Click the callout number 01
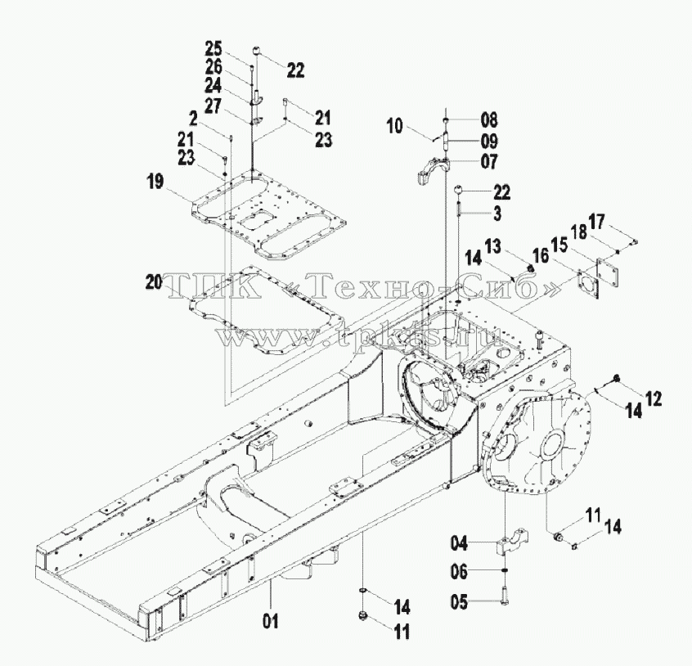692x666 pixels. [271, 622]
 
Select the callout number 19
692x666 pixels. [155, 182]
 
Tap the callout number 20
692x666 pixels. [154, 282]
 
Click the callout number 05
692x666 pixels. [459, 601]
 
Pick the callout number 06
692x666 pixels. [459, 572]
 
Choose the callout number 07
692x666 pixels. [489, 161]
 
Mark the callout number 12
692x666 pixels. [654, 399]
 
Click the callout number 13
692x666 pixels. [493, 246]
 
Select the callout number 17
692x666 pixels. [597, 222]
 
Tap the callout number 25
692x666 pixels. [213, 48]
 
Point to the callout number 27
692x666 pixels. [213, 106]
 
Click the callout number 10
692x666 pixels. [395, 126]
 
